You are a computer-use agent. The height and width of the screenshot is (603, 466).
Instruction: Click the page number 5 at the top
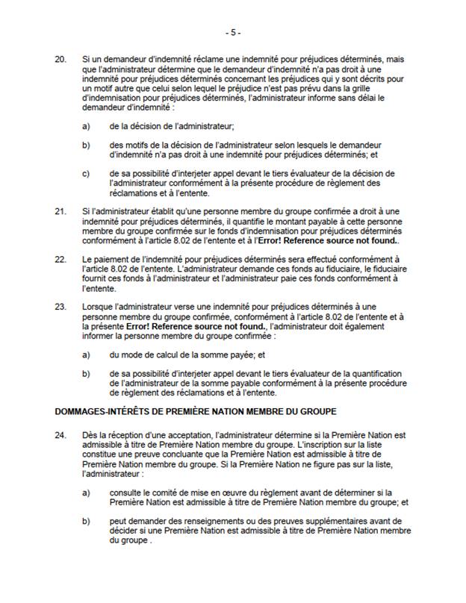click(233, 33)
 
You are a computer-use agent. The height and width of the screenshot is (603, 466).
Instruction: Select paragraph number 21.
click(61, 211)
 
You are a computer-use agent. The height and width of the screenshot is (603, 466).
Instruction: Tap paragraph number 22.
click(61, 258)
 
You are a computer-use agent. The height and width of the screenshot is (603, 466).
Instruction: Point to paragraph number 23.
click(61, 306)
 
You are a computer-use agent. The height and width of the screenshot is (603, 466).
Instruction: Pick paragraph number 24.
click(61, 434)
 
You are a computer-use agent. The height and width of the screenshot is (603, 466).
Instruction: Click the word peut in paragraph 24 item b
click(116, 521)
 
